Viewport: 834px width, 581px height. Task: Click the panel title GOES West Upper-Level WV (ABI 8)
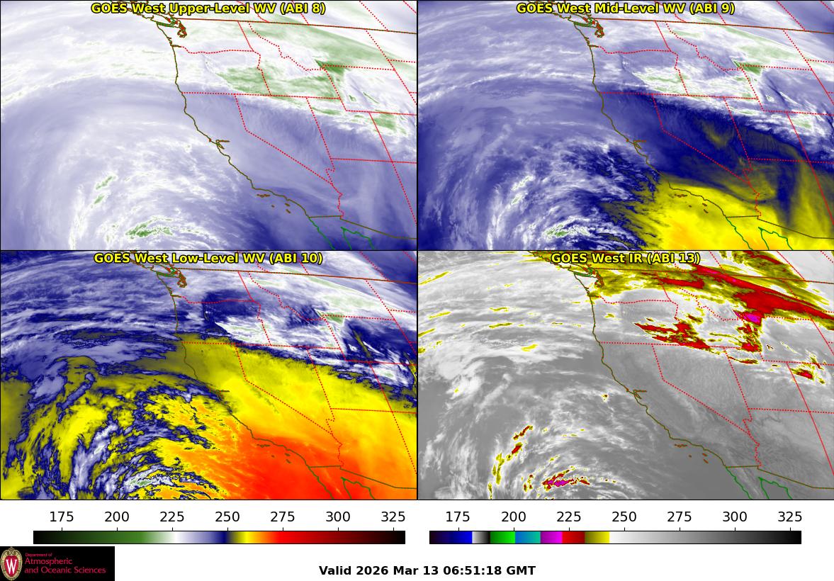tap(208, 9)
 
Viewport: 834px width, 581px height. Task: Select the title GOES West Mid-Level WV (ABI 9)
tap(625, 9)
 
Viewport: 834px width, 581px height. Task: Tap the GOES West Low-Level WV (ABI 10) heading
tap(208, 259)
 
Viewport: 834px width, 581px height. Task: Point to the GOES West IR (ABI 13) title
tap(625, 259)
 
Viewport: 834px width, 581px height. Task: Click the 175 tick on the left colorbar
tap(62, 517)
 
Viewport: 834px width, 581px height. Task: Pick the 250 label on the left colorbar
tap(227, 517)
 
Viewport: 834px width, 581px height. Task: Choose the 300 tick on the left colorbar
tap(338, 517)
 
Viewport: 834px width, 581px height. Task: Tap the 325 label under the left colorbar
tap(393, 517)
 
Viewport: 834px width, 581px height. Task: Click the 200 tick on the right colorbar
tap(514, 517)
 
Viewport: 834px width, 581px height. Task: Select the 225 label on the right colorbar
tap(569, 517)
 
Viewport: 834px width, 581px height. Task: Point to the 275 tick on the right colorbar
tap(680, 517)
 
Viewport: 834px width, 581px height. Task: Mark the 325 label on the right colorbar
tap(789, 517)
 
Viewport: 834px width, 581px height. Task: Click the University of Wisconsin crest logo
tap(11, 563)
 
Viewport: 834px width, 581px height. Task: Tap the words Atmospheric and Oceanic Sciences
tap(65, 565)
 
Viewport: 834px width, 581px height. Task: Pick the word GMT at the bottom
tap(522, 570)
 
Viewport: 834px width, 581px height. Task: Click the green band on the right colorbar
tap(502, 537)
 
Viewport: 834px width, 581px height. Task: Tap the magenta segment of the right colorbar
tap(551, 537)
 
